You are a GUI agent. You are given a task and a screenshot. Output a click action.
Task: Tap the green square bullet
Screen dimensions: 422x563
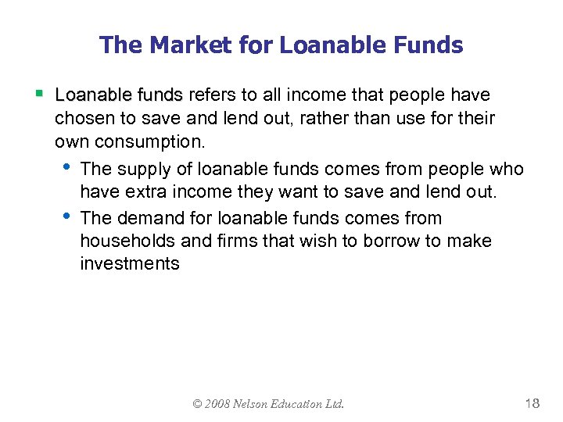tap(38, 95)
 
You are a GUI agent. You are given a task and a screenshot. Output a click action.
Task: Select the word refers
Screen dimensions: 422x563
tap(212, 95)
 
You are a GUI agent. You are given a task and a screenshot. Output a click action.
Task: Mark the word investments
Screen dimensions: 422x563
tap(130, 264)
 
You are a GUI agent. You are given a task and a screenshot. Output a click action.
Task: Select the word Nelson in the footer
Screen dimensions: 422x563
tap(256, 404)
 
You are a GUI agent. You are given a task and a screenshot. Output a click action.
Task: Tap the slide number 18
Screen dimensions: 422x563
tap(533, 403)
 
